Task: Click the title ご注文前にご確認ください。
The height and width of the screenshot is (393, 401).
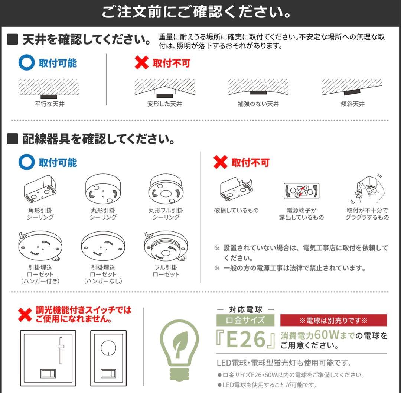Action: click(196, 12)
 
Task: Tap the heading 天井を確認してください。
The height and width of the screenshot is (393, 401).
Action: click(80, 39)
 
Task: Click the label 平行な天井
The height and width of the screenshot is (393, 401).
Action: click(49, 104)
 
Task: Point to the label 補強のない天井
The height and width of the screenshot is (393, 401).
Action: click(258, 104)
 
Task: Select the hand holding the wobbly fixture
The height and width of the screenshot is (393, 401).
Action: click(367, 189)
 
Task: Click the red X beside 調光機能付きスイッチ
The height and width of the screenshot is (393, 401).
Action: click(25, 314)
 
